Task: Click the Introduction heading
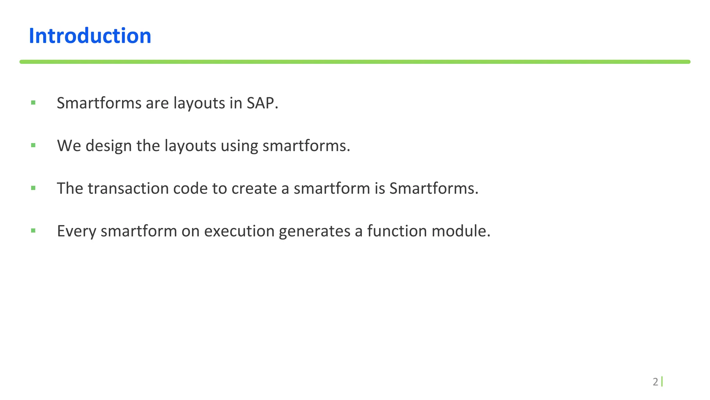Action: click(90, 36)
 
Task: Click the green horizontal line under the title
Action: click(355, 62)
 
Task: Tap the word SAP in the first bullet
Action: click(262, 103)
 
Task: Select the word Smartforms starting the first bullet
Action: click(99, 103)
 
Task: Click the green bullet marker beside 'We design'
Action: click(33, 145)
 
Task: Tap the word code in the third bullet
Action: click(190, 189)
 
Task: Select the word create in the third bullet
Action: click(254, 189)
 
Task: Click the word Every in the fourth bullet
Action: click(77, 231)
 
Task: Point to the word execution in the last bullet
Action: click(239, 231)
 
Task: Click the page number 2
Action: click(655, 382)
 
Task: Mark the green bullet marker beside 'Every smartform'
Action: click(33, 230)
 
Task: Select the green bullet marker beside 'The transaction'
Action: click(33, 188)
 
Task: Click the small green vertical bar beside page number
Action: click(662, 382)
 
